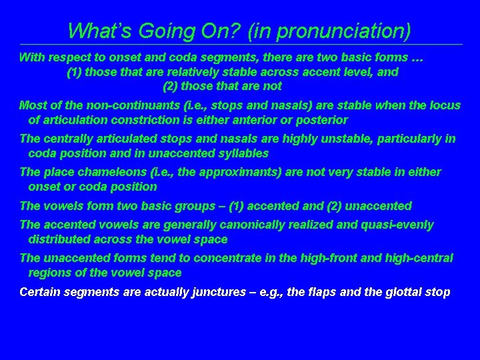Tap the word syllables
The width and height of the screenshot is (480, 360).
(243, 153)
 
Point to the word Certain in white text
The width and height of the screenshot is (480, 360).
(41, 292)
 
